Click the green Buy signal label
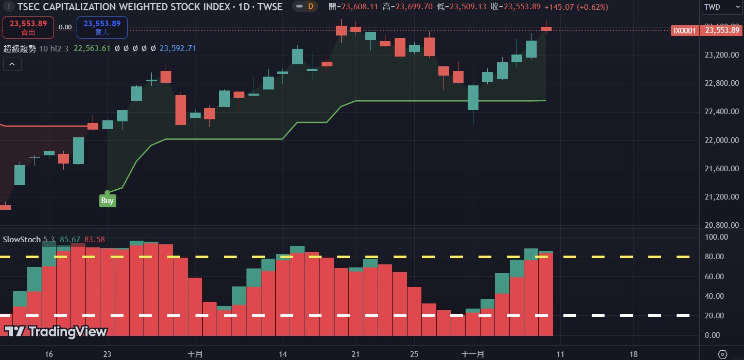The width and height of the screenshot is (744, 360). point(107,201)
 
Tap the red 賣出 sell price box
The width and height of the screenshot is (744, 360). point(28,27)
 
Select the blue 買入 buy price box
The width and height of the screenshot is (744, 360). point(102,27)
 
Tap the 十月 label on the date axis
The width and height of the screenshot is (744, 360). point(195,354)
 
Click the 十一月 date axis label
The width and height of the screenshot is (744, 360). point(472,354)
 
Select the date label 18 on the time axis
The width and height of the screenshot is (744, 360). point(633,354)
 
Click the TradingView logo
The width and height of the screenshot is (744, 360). point(56,332)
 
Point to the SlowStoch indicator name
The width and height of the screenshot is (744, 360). point(22,239)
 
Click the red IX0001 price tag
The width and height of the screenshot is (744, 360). point(684,30)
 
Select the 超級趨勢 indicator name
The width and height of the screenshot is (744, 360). point(20,48)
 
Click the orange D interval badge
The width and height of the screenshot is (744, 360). point(310,7)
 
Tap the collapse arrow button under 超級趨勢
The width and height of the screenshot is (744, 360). point(12,64)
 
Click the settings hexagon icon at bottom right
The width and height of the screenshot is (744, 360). point(722,354)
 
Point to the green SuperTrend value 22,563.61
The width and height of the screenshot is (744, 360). point(92,48)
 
